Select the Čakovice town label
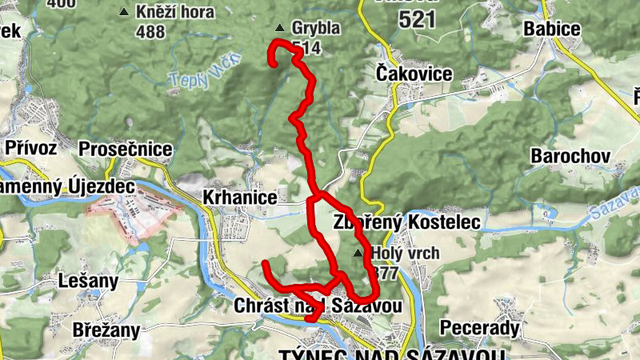tap(414, 74)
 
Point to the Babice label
tap(551, 30)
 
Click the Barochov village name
tap(570, 154)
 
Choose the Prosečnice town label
tap(126, 150)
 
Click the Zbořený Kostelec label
tap(406, 221)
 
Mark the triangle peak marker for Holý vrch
tap(358, 253)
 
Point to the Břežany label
tap(106, 330)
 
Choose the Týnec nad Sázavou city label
tap(392, 354)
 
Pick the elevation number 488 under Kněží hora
tap(150, 32)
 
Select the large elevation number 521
tap(416, 20)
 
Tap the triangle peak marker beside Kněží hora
tap(123, 13)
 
